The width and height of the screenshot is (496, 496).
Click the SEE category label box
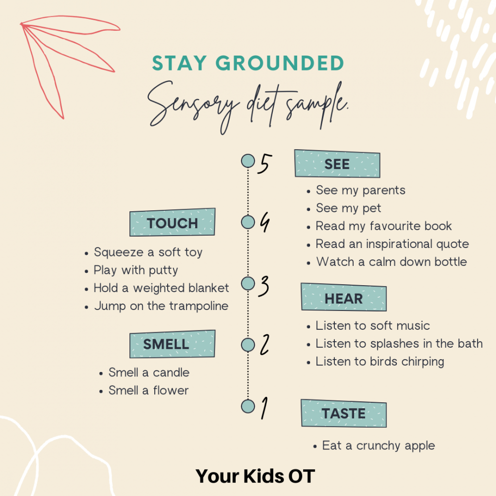[337, 164]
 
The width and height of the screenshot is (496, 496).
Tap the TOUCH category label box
[173, 222]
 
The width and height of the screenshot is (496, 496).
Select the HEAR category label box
[344, 297]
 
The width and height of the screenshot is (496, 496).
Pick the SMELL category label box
[173, 344]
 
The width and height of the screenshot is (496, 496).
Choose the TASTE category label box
[344, 414]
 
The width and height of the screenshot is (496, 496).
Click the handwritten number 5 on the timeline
[264, 164]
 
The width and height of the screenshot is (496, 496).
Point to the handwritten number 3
[263, 286]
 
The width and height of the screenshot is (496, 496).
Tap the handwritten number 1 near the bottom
[264, 408]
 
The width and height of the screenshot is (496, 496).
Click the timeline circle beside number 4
[248, 222]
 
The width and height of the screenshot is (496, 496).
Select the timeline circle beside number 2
[248, 345]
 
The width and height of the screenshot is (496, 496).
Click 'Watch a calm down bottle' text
[392, 262]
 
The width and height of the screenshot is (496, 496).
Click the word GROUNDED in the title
[280, 63]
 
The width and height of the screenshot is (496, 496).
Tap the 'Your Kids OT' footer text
[255, 476]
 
